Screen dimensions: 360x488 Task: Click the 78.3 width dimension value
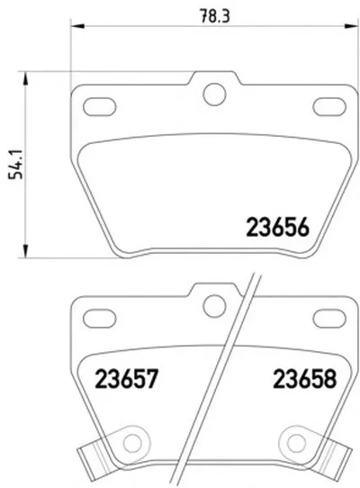215,16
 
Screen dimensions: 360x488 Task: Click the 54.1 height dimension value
16,164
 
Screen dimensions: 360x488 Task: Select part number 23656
277,227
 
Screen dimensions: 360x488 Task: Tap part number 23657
127,379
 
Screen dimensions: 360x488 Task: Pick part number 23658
305,379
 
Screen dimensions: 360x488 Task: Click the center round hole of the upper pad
214,94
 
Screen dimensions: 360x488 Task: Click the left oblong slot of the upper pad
100,106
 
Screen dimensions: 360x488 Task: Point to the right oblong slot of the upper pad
329,106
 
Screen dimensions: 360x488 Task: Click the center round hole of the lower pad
214,306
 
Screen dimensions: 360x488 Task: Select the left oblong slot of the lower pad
100,319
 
